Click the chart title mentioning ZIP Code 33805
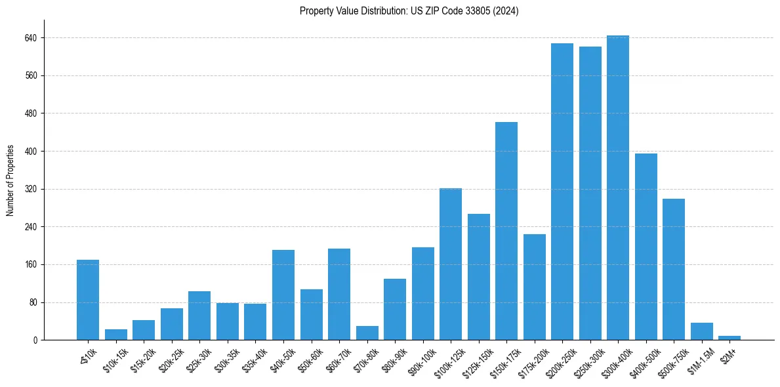click(x=409, y=11)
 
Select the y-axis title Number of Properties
click(x=10, y=180)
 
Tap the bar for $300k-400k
click(x=617, y=188)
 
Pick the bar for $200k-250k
click(x=562, y=192)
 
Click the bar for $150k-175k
click(x=506, y=231)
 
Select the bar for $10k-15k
click(x=116, y=335)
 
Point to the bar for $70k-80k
click(x=367, y=333)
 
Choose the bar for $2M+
click(x=729, y=338)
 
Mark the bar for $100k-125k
click(x=450, y=264)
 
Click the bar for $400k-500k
click(x=646, y=247)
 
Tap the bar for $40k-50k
click(x=283, y=295)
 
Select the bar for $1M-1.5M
click(x=701, y=331)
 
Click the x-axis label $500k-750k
click(x=667, y=361)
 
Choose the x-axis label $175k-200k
click(x=529, y=361)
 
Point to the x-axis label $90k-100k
click(x=418, y=361)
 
